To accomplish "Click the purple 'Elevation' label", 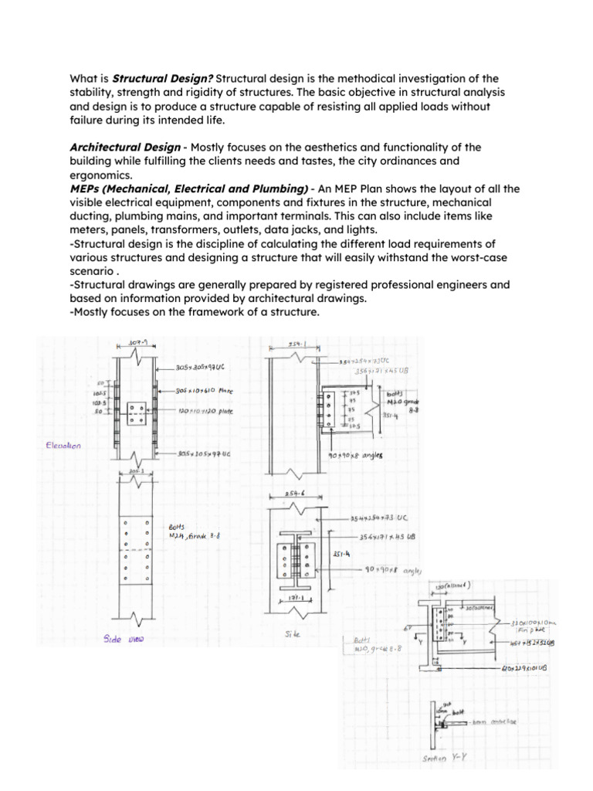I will click(65, 445).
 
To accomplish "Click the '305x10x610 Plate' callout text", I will click(205, 390).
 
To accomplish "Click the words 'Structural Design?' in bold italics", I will click(163, 79).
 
